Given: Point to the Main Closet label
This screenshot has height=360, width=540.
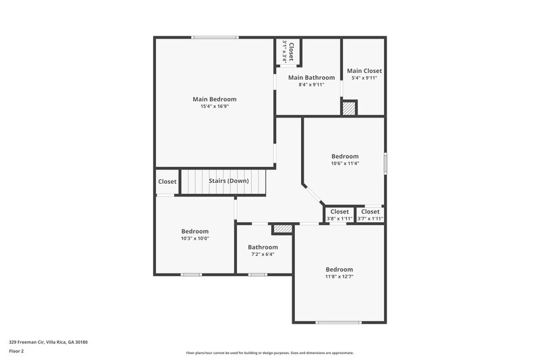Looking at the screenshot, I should click(364, 71).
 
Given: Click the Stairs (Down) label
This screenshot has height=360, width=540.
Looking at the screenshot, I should click(228, 181).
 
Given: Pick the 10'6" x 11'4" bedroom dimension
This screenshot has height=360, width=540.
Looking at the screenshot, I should click(344, 163).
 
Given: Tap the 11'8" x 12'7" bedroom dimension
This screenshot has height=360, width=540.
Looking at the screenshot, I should click(339, 276).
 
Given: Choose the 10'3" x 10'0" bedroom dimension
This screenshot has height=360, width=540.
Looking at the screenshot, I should click(195, 238).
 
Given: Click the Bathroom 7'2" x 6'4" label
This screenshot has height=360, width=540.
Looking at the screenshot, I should click(263, 247).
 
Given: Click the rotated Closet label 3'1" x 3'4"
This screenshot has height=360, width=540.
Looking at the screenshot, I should click(288, 51).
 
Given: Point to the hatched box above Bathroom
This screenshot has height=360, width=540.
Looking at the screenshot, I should click(283, 229).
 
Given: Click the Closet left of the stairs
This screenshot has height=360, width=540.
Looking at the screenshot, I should click(167, 182).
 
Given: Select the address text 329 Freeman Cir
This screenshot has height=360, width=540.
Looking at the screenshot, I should click(48, 342).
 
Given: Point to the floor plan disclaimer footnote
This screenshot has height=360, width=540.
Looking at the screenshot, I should click(269, 353).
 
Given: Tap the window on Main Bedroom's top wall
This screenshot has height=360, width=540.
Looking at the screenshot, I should click(215, 37).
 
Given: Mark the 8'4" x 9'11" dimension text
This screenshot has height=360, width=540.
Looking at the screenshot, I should click(306, 85).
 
